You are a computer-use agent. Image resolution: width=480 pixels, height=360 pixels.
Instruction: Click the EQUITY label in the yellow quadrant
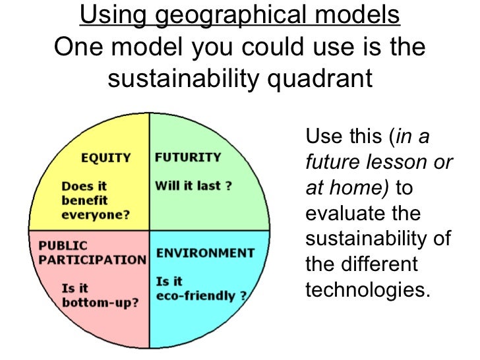point(105,158)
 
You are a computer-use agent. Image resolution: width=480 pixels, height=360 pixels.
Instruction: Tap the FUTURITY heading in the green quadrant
point(187,158)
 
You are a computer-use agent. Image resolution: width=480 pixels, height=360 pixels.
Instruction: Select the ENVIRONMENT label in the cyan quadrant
point(204,253)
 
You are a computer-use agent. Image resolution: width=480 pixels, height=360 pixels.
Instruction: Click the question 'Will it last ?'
point(193,185)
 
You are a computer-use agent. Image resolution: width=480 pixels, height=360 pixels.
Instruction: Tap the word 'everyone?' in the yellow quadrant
point(96,214)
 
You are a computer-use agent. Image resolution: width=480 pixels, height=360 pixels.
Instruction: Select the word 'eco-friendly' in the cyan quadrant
point(196,295)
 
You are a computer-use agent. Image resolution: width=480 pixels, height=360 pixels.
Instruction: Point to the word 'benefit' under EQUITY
point(84,200)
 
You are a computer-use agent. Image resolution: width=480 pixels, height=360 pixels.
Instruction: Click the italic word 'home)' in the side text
point(365,188)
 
